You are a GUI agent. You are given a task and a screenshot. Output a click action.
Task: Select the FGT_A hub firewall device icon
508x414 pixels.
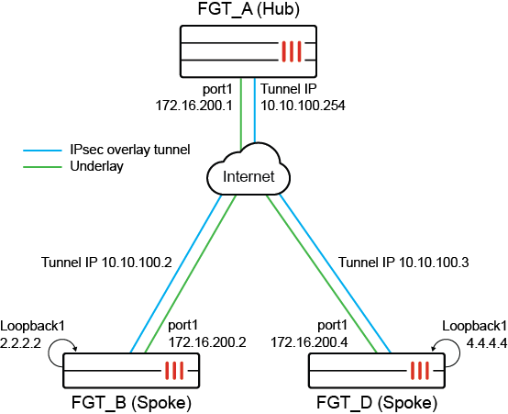(x=253, y=51)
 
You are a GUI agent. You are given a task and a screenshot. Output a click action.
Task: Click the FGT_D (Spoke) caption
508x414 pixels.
(x=378, y=403)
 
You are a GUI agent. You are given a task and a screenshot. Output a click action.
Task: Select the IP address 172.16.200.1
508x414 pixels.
(x=195, y=105)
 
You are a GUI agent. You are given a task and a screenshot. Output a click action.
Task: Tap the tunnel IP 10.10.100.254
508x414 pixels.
(x=304, y=105)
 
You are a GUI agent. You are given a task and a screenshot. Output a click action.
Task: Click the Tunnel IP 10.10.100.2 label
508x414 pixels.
(x=107, y=262)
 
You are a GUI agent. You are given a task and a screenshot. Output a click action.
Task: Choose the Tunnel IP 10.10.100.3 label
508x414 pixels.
(x=404, y=262)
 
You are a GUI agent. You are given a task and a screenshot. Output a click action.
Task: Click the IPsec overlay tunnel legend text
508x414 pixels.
(x=129, y=149)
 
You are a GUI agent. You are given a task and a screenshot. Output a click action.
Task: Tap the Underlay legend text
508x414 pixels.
(x=96, y=166)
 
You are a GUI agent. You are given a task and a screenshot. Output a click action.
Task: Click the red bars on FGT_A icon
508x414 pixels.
(x=292, y=51)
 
